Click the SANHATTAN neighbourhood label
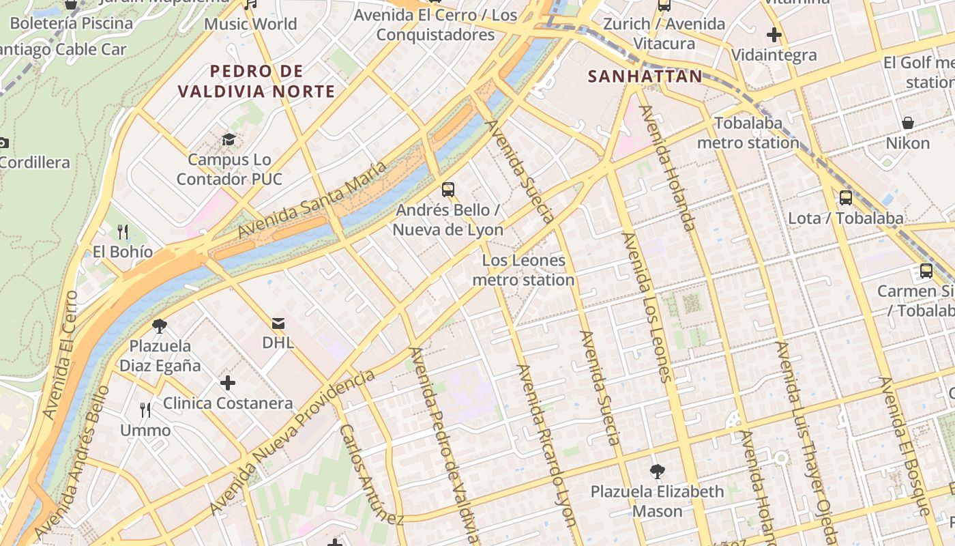point(645,76)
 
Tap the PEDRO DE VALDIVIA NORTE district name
point(256,81)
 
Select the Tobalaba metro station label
point(748,133)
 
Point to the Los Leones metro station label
point(523,270)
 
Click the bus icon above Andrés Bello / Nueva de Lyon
point(448,190)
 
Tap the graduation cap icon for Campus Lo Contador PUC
point(229,140)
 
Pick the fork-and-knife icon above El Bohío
point(123,231)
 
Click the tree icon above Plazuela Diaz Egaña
point(160,326)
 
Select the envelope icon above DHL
point(278,323)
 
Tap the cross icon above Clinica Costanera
point(228,383)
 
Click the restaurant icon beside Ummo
point(145,409)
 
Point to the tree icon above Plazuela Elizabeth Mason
point(658,471)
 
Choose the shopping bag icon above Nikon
point(908,123)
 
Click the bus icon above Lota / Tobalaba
point(846,198)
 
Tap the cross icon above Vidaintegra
point(774,34)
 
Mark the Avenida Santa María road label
point(312,199)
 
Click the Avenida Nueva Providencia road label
point(293,443)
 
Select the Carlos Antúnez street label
point(371,474)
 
